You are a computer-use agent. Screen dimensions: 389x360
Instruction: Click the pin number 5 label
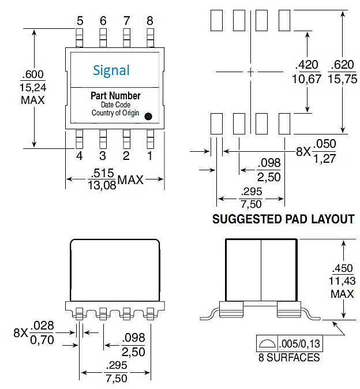(x=80, y=21)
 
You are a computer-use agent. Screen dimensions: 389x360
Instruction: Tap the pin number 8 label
(x=150, y=21)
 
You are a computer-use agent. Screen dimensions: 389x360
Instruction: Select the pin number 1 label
(x=150, y=155)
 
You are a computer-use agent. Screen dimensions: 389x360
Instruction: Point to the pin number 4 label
(x=80, y=155)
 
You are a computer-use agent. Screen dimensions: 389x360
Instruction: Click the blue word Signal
(x=111, y=70)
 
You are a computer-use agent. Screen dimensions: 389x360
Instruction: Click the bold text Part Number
(x=115, y=96)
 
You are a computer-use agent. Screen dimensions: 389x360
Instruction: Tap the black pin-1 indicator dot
(x=148, y=116)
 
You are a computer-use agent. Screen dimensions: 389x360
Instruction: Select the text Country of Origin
(x=115, y=113)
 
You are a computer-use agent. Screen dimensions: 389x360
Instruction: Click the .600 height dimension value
(x=32, y=74)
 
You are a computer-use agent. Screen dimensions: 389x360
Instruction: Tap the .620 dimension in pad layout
(x=342, y=65)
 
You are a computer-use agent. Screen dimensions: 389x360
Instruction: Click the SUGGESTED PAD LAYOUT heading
(x=283, y=219)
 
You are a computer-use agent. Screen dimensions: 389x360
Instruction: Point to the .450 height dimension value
(x=342, y=269)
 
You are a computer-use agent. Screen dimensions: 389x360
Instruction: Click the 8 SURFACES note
(x=289, y=357)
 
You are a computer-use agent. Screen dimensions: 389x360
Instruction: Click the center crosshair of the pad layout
(x=250, y=72)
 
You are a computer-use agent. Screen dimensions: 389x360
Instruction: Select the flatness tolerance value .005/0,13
(x=299, y=343)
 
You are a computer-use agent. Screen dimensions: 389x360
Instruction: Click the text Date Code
(x=115, y=104)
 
